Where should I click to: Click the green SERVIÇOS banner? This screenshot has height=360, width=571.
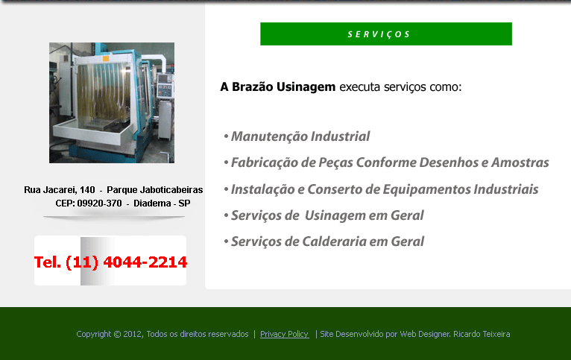(x=386, y=34)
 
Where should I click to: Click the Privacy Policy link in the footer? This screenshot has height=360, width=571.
(x=284, y=334)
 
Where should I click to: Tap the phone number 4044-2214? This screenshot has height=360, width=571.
(x=145, y=262)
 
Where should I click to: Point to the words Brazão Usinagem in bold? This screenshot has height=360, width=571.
(x=283, y=87)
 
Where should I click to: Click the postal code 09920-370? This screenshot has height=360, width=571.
(x=99, y=203)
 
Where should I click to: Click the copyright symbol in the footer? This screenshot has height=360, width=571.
(x=117, y=334)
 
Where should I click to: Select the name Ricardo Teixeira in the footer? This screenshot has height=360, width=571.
(x=482, y=334)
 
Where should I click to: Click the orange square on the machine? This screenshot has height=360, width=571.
(x=106, y=58)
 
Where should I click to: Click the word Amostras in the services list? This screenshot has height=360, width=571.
(x=520, y=162)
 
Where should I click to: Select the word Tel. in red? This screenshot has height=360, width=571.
(x=48, y=262)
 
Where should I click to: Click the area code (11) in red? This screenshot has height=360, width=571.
(x=82, y=262)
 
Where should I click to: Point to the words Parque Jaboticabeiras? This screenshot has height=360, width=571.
(x=155, y=189)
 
